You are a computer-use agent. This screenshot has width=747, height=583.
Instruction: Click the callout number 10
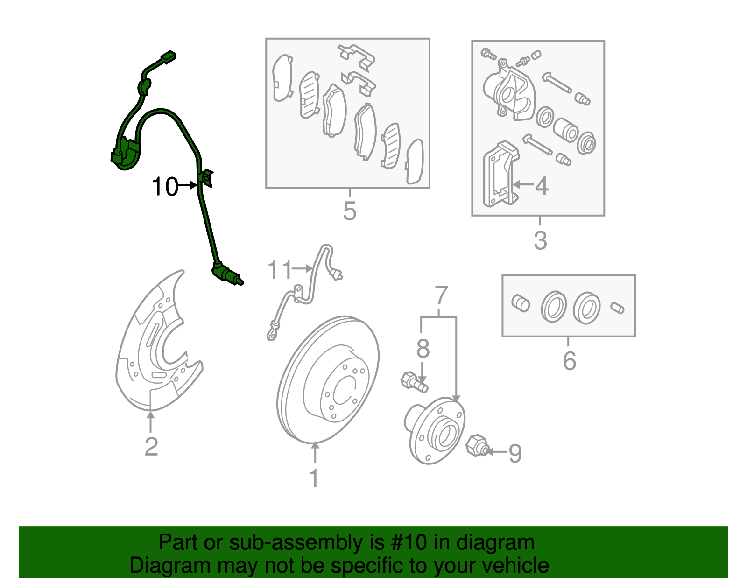click(x=165, y=187)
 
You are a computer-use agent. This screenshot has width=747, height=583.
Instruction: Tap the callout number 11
click(x=280, y=269)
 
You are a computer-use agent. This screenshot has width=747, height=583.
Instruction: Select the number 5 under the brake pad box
click(x=350, y=211)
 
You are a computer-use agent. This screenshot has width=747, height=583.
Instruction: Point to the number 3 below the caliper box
click(x=540, y=240)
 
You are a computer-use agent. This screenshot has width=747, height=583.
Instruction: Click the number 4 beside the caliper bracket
click(x=542, y=187)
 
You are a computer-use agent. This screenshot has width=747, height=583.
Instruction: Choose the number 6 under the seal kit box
click(x=569, y=361)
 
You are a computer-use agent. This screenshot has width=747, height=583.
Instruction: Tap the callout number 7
click(x=441, y=295)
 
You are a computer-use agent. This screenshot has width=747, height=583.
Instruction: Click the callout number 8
click(x=423, y=348)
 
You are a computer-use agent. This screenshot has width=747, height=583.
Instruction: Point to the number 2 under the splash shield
click(x=151, y=447)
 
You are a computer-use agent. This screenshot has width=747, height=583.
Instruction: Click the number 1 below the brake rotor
click(x=315, y=478)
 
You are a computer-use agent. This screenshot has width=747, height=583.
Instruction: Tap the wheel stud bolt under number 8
click(x=414, y=382)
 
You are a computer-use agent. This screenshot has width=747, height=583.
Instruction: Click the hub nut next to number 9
click(x=477, y=446)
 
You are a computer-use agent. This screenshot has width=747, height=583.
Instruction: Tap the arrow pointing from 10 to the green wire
click(x=188, y=185)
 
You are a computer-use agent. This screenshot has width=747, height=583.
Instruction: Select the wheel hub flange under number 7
click(x=436, y=431)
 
